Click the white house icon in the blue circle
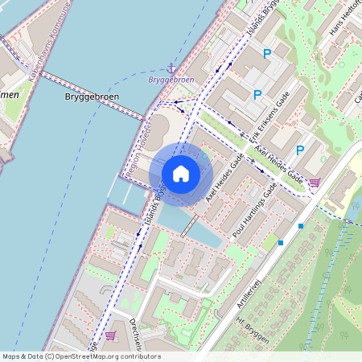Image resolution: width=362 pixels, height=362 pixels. click(181, 174)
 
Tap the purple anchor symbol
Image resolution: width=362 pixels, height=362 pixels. click(171, 69)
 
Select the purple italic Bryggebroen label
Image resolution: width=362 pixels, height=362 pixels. click(171, 80)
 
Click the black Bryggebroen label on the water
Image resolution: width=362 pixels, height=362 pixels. click(91, 97)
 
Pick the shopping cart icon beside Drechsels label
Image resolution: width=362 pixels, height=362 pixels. click(111, 335)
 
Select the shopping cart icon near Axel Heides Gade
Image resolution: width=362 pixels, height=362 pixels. click(315, 183)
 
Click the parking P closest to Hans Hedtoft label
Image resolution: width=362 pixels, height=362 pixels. click(267, 55)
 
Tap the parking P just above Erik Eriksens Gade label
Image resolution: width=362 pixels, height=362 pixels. click(257, 95)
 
